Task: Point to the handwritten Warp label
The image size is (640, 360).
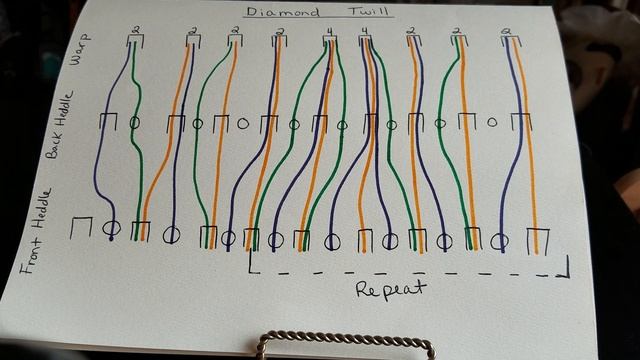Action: (79, 53)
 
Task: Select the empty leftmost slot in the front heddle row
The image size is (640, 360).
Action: (81, 228)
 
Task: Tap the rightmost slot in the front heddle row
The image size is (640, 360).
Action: (540, 241)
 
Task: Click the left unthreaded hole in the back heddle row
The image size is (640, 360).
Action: (242, 124)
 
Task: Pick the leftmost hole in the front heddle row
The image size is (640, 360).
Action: (112, 228)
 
